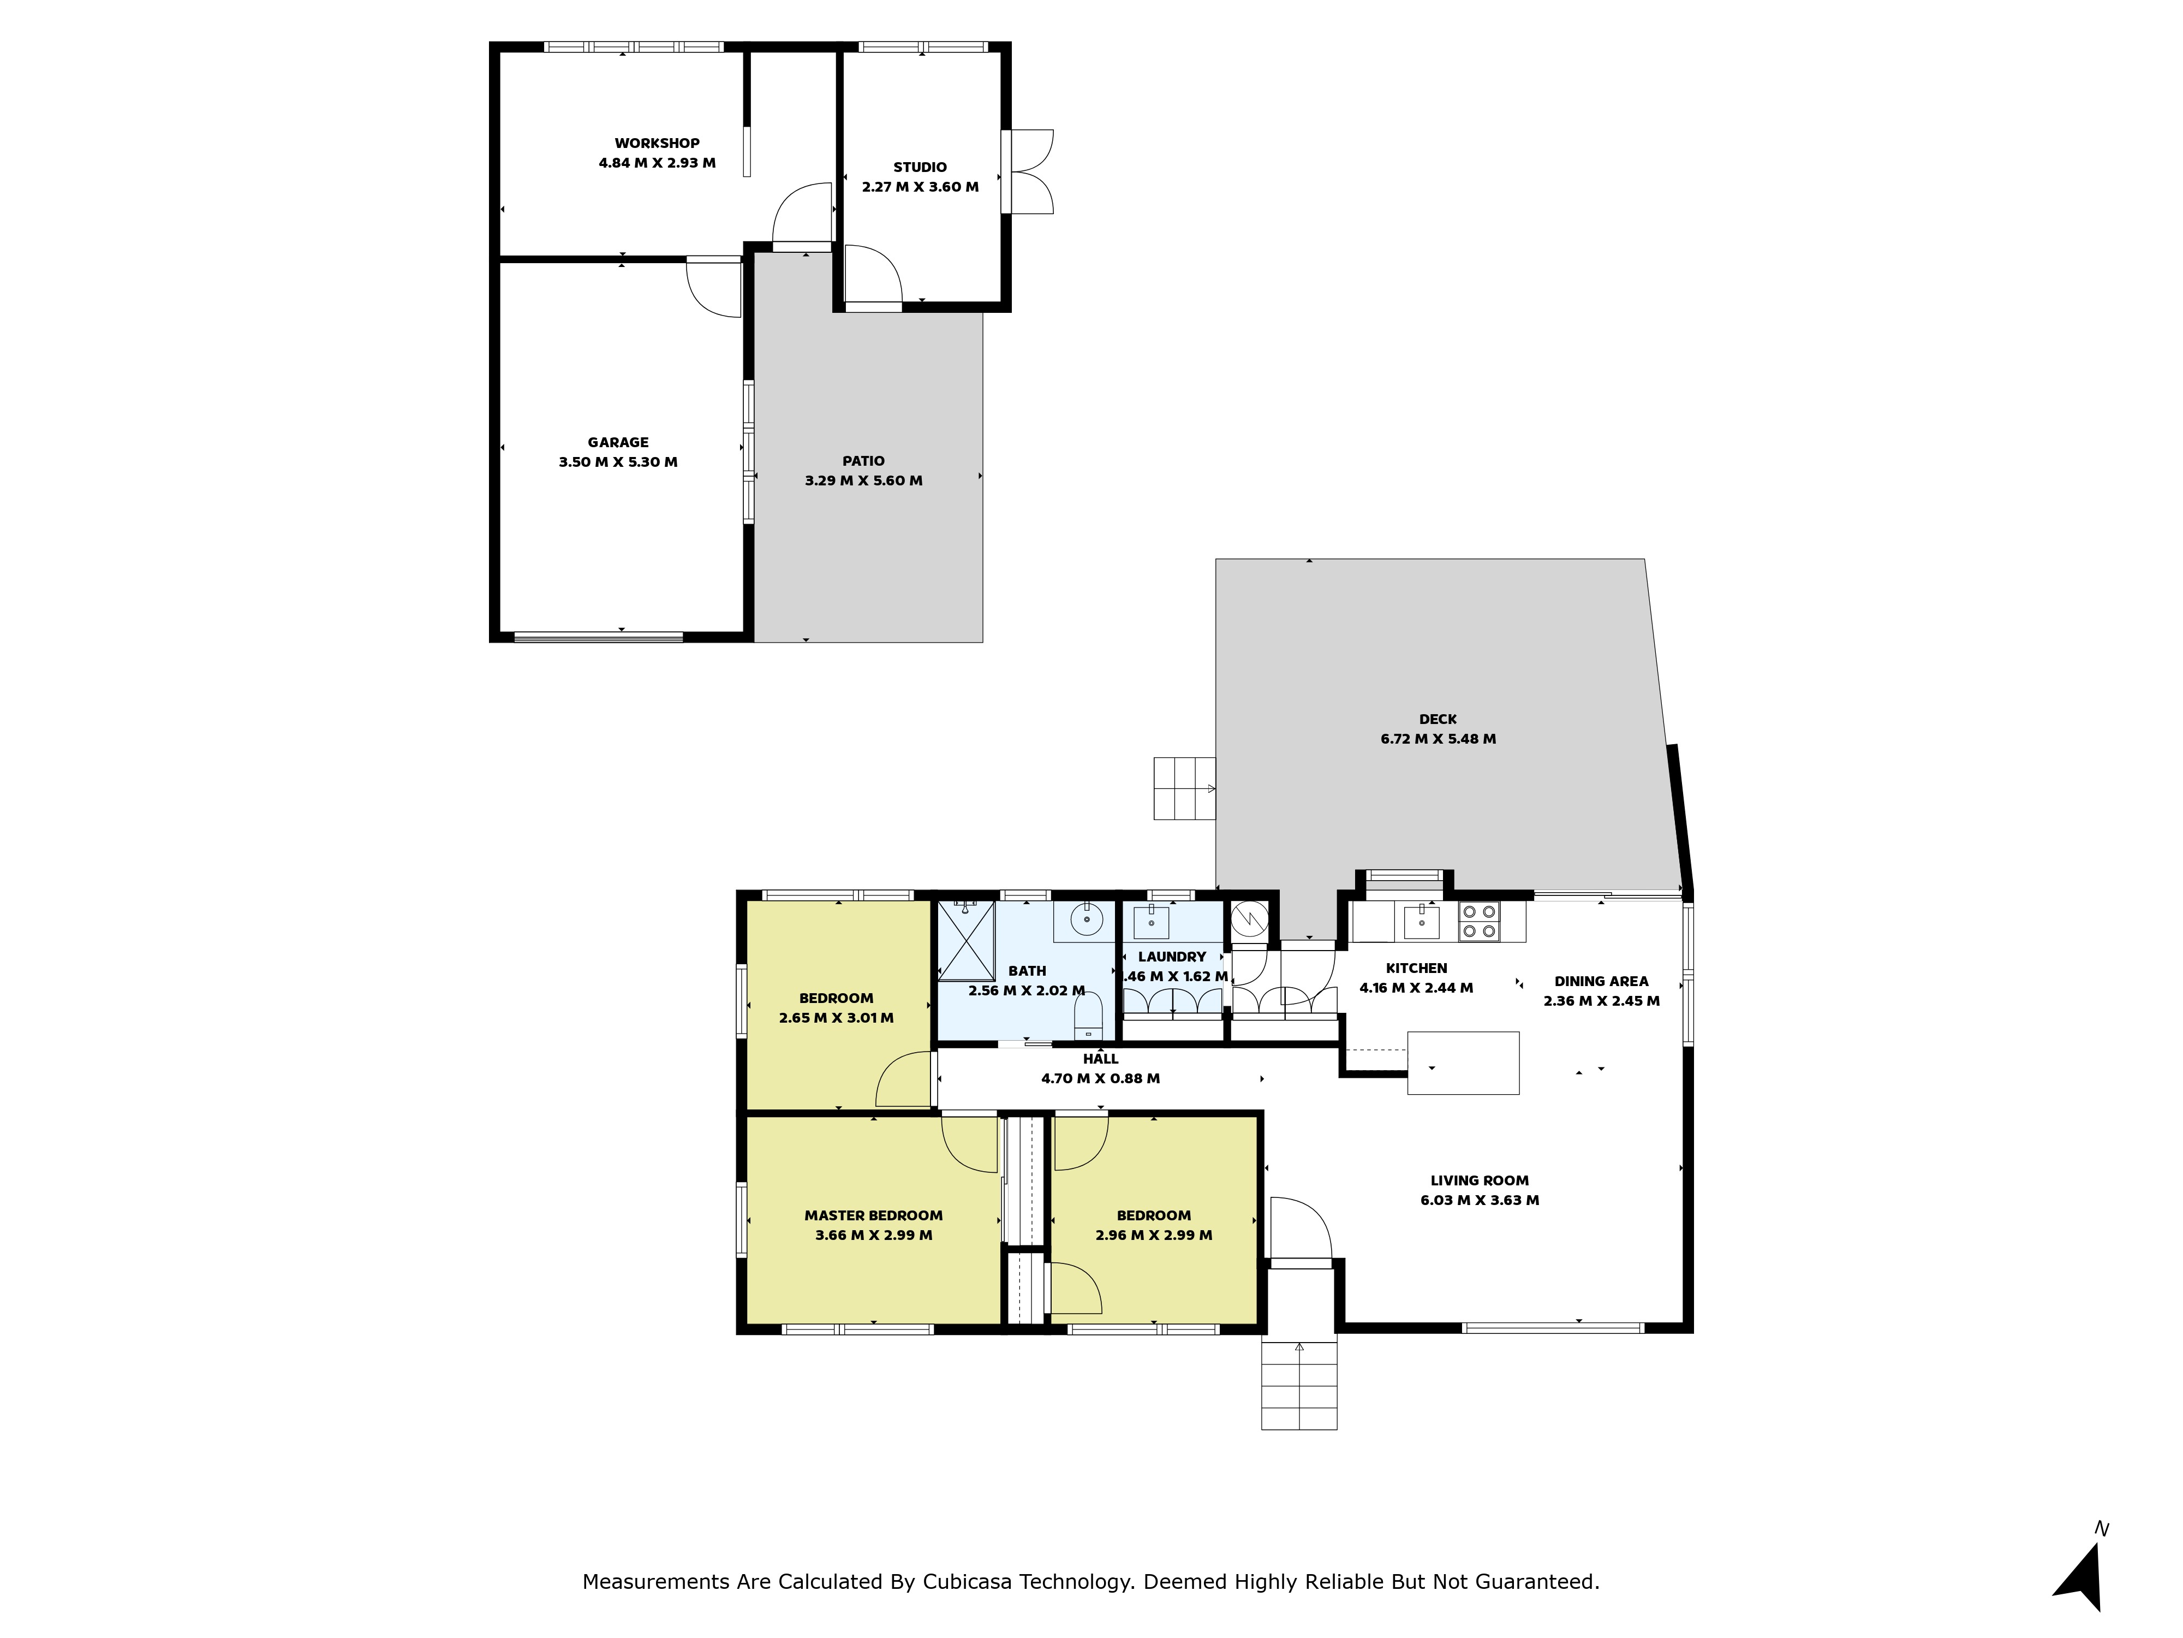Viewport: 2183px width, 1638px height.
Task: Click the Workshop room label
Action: click(x=657, y=143)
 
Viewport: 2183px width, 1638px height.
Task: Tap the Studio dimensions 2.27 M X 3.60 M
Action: click(x=920, y=187)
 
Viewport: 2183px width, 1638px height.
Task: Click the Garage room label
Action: click(x=618, y=442)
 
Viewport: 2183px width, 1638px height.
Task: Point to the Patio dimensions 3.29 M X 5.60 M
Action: click(x=863, y=481)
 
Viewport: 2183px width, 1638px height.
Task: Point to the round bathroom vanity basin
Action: click(x=1085, y=920)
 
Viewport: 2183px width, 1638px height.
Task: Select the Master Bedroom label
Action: click(x=873, y=1215)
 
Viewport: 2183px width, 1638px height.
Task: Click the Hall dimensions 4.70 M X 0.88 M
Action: click(x=1100, y=1078)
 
